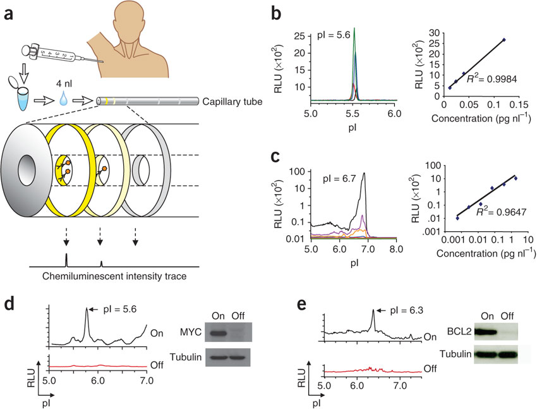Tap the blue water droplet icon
(x=68, y=97)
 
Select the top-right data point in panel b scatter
(x=504, y=40)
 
